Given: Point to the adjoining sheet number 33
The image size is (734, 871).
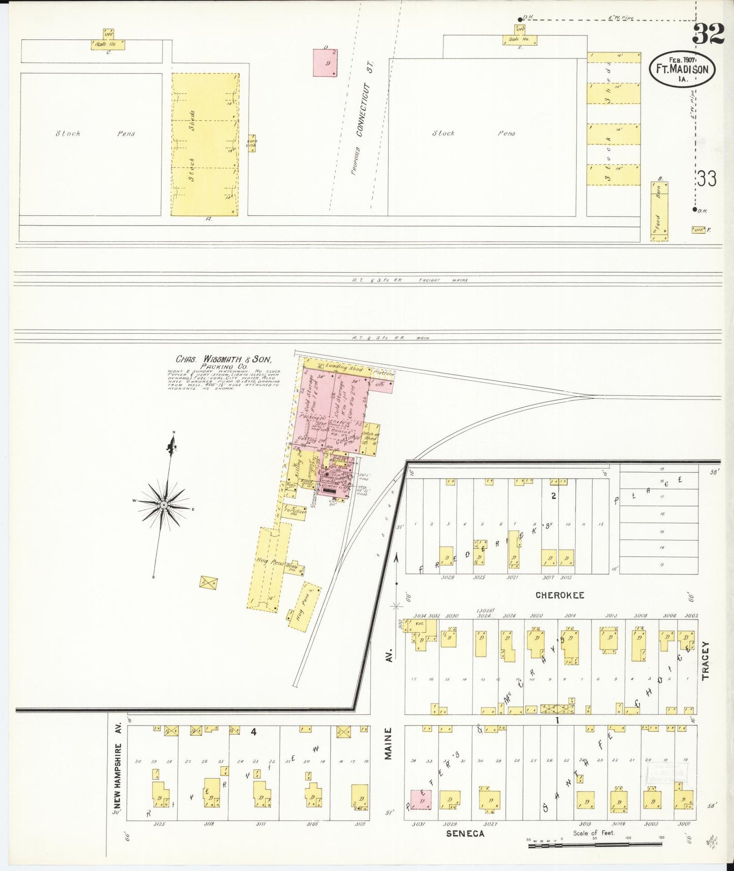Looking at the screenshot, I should coord(707,179).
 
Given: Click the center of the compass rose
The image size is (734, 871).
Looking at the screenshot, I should coord(164,505).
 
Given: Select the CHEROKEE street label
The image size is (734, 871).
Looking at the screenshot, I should coord(559,595).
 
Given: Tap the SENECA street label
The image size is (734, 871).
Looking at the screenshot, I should coord(465,833).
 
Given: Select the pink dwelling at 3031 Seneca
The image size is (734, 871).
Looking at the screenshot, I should coord(421,799).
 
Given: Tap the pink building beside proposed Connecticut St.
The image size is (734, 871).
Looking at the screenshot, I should coord(325,63).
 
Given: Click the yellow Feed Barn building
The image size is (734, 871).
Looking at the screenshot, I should coord(659,211).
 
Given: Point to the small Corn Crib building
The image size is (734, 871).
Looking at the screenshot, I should coord(251,143).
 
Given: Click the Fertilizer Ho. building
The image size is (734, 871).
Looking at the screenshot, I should coord(295,511).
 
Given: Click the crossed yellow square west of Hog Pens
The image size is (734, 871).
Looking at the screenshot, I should coord(208,582).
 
